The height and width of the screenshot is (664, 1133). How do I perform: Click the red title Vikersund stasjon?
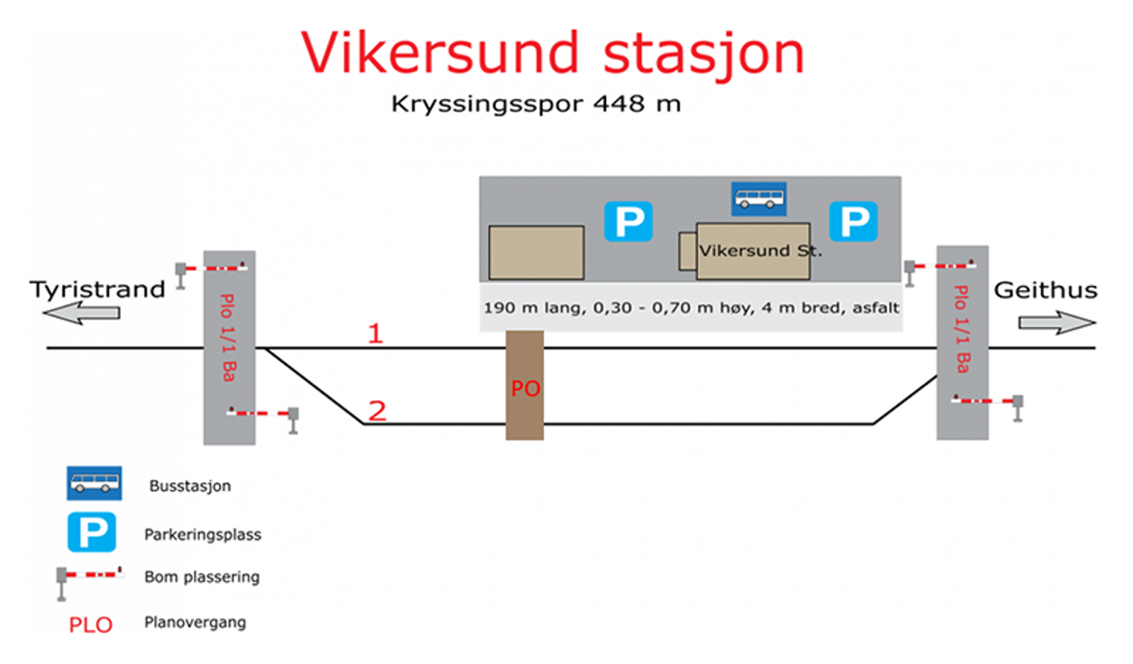[x=552, y=53]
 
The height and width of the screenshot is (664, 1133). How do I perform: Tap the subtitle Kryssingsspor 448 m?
[x=536, y=104]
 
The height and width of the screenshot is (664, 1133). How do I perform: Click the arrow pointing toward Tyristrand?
[x=81, y=312]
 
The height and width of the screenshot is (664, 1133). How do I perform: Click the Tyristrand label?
[x=97, y=290]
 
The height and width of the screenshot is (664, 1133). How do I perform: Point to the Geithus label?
[x=1045, y=290]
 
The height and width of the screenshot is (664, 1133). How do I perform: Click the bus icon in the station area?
[x=758, y=199]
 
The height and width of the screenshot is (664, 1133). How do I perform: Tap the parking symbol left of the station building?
[x=628, y=222]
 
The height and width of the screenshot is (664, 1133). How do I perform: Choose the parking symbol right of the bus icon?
[x=853, y=222]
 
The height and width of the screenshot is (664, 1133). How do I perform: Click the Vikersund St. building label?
[x=760, y=251]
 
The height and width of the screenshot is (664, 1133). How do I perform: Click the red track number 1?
[x=375, y=333]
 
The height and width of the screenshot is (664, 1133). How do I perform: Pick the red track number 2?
[x=377, y=411]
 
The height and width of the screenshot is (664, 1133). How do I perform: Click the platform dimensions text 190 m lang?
[x=690, y=308]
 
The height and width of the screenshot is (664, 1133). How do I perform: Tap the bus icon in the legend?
[x=94, y=483]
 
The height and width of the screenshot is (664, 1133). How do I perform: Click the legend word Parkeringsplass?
[x=203, y=534]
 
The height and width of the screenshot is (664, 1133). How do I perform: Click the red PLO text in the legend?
[x=91, y=625]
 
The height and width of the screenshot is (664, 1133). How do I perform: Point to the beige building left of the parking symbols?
[x=536, y=253]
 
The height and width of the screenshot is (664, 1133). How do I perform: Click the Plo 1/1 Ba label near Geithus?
[x=962, y=329]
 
